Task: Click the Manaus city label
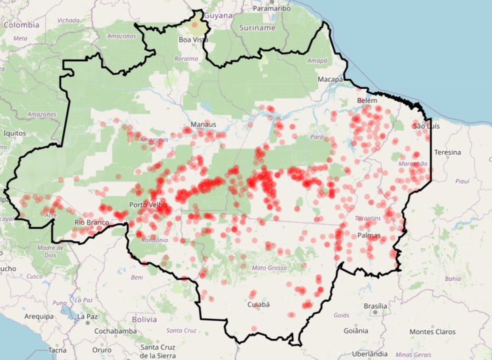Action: pos(203,124)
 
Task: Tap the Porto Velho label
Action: pos(148,204)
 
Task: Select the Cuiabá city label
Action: pos(258,304)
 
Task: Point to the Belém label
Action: pos(367,100)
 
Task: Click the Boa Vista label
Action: pos(193,39)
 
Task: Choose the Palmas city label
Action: pos(369,235)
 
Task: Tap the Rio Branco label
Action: pos(91,222)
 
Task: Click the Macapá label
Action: pos(330,79)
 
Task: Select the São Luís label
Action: pos(426,126)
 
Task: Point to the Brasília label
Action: pos(375,306)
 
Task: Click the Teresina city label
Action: pos(447,152)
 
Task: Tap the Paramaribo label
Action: pos(272,8)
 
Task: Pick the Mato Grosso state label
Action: pos(269,268)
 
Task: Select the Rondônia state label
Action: pos(154,240)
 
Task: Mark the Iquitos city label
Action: pos(14,133)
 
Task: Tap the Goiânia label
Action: pos(356,330)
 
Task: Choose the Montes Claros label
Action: pos(432,331)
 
